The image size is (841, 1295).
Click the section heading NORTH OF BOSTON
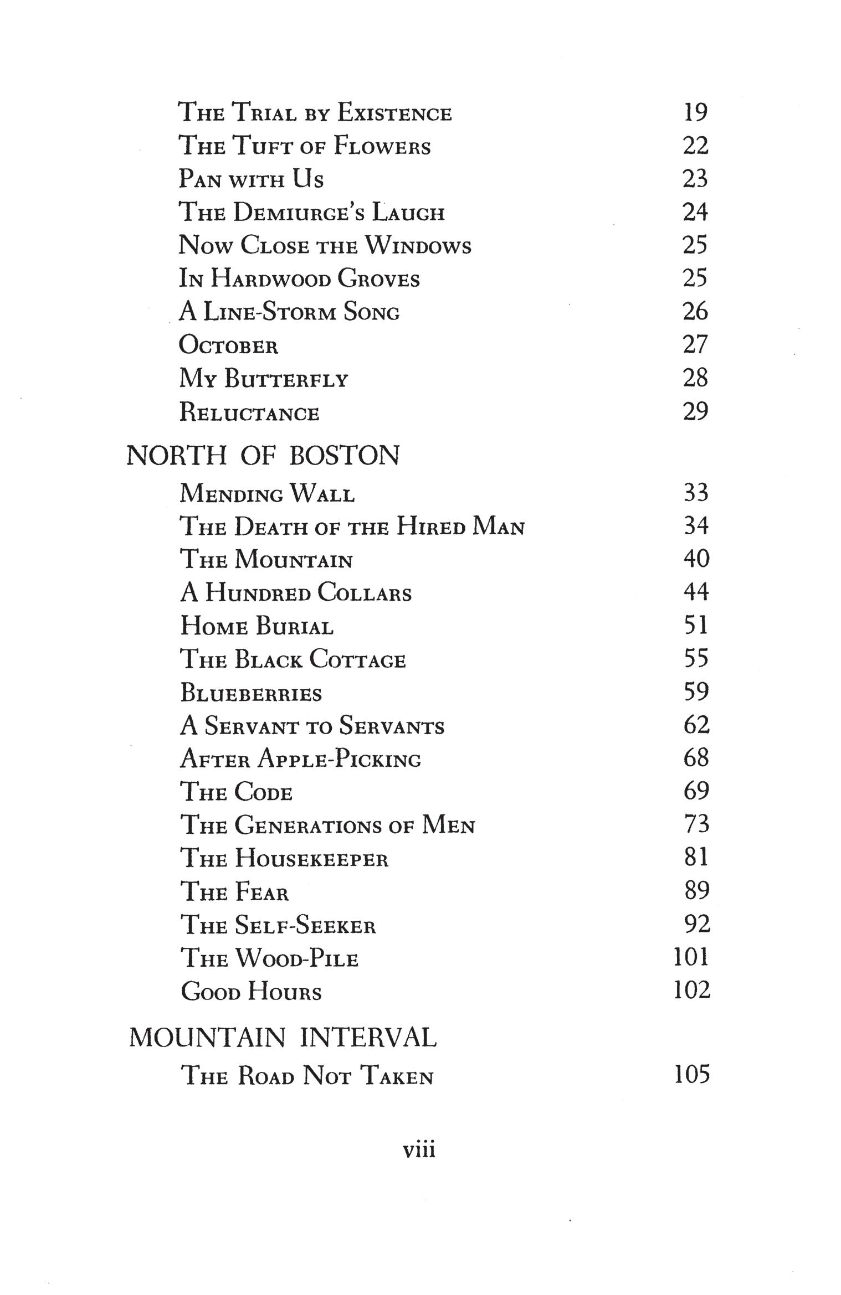(263, 456)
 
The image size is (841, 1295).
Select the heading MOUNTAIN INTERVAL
(283, 1038)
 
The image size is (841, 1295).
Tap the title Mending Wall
(267, 493)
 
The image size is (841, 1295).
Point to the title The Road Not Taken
(307, 1076)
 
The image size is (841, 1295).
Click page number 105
(691, 1075)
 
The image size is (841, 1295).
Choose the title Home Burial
(257, 626)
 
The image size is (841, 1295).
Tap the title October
(228, 345)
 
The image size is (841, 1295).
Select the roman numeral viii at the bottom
(419, 1150)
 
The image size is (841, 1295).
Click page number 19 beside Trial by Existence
(695, 112)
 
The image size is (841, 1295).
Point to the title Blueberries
(251, 693)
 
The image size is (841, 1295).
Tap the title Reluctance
(249, 412)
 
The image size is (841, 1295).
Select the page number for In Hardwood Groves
(695, 278)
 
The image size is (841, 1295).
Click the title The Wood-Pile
(270, 958)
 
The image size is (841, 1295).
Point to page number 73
(696, 824)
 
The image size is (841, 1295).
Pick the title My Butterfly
(264, 379)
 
